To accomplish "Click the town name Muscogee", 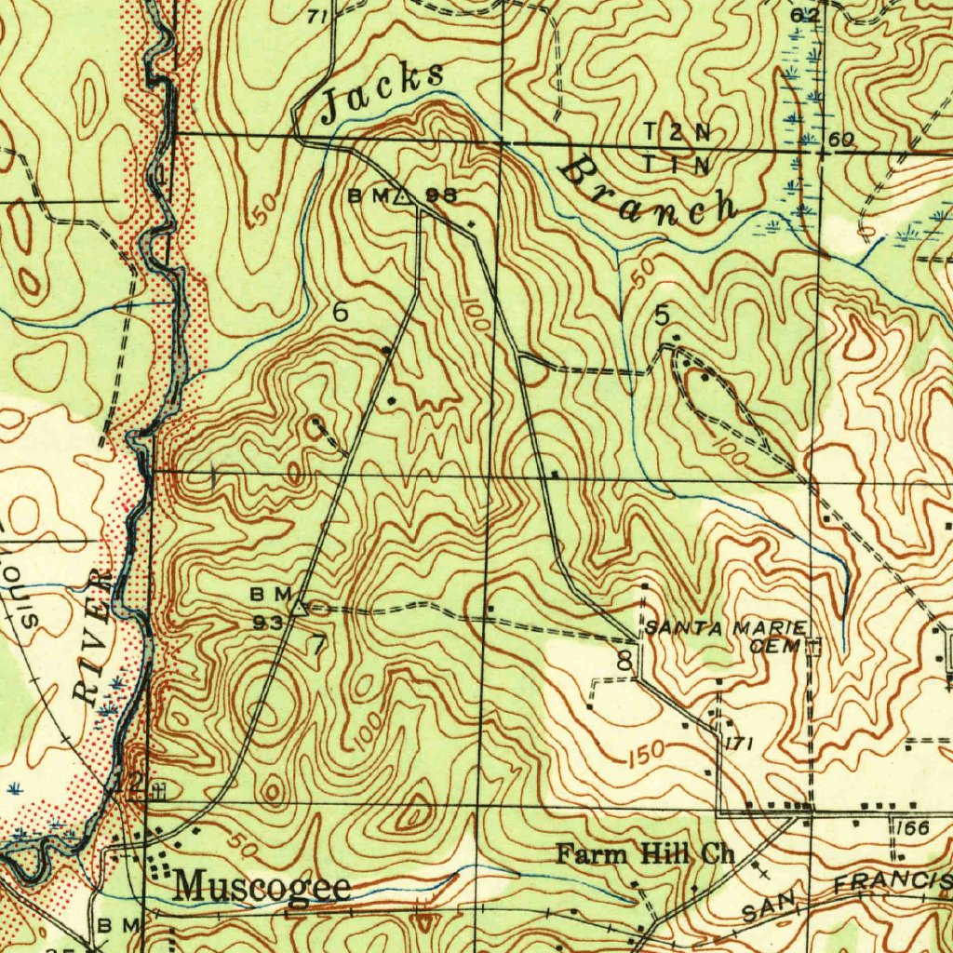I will pyautogui.click(x=263, y=885).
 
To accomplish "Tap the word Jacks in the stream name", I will pyautogui.click(x=382, y=94).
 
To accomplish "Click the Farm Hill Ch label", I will pyautogui.click(x=645, y=853).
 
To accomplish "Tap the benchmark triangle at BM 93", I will pyautogui.click(x=298, y=608).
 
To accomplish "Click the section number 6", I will pyautogui.click(x=341, y=313).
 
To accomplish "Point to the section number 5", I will pyautogui.click(x=662, y=316).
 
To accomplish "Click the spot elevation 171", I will pyautogui.click(x=738, y=743).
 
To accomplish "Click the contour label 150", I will pyautogui.click(x=645, y=753).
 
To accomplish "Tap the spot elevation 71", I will pyautogui.click(x=318, y=16).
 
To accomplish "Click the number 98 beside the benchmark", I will pyautogui.click(x=442, y=195).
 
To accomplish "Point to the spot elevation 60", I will pyautogui.click(x=843, y=140).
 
